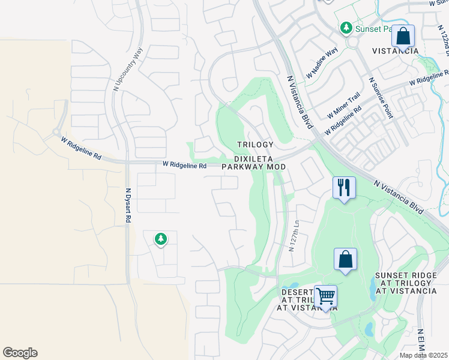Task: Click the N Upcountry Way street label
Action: pyautogui.click(x=128, y=69)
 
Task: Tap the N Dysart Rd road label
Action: pyautogui.click(x=128, y=205)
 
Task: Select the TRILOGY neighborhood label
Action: pyautogui.click(x=255, y=145)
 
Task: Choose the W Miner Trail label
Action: pyautogui.click(x=343, y=105)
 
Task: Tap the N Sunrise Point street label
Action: pyautogui.click(x=381, y=98)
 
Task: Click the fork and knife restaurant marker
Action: pyautogui.click(x=344, y=188)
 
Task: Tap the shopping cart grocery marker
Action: pyautogui.click(x=325, y=296)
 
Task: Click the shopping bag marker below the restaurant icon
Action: pyautogui.click(x=345, y=260)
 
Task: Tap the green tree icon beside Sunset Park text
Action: pyautogui.click(x=346, y=28)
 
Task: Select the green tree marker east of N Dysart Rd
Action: pyautogui.click(x=160, y=239)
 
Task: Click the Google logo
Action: pyautogui.click(x=20, y=353)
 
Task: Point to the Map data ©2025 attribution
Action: pyautogui.click(x=424, y=355)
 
